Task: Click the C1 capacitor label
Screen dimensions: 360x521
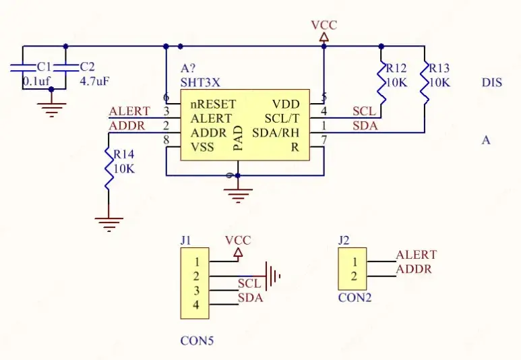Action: coord(44,67)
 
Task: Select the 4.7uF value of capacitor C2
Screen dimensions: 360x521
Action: coord(94,82)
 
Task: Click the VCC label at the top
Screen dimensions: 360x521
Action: coord(324,25)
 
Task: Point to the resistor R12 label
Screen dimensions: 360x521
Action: coord(396,69)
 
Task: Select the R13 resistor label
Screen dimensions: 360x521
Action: coord(439,69)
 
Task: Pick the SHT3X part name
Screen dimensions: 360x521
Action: coord(200,82)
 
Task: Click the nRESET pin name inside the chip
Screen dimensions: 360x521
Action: coord(213,104)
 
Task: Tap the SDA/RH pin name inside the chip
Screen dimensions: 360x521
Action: coord(276,132)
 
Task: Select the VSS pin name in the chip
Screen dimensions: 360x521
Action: coord(203,147)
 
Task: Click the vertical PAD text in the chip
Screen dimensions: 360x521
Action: coord(238,138)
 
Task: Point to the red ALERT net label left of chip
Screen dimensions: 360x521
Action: coord(129,111)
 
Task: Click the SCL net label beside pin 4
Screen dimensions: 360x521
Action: coord(364,111)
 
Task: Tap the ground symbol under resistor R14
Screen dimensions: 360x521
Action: coord(108,222)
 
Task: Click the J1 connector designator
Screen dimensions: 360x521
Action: coord(186,240)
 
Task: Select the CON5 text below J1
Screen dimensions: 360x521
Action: coord(197,341)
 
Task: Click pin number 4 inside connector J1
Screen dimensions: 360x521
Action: coord(197,305)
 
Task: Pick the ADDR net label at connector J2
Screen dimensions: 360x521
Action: coord(414,269)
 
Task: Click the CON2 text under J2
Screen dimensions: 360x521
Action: coord(355,297)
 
